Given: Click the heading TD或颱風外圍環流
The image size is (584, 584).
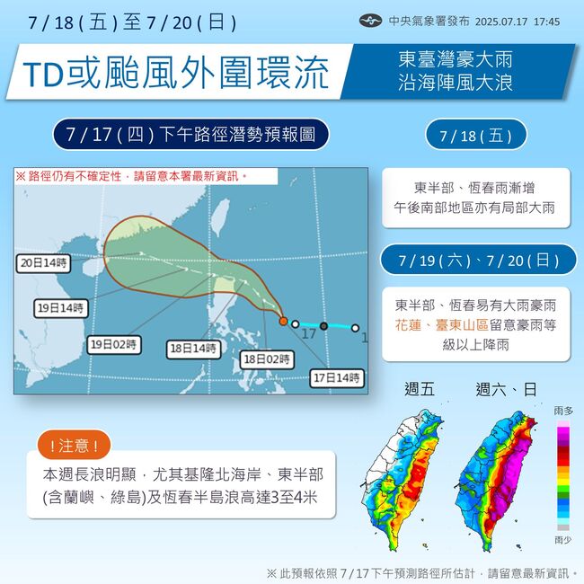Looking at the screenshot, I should (173, 75).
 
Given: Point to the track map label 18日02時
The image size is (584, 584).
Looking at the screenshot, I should (267, 359).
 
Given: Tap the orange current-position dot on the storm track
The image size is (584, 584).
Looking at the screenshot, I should (283, 321).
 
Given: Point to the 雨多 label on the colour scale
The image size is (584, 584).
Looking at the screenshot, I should (563, 411).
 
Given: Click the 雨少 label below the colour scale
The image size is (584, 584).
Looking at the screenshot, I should (563, 541).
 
